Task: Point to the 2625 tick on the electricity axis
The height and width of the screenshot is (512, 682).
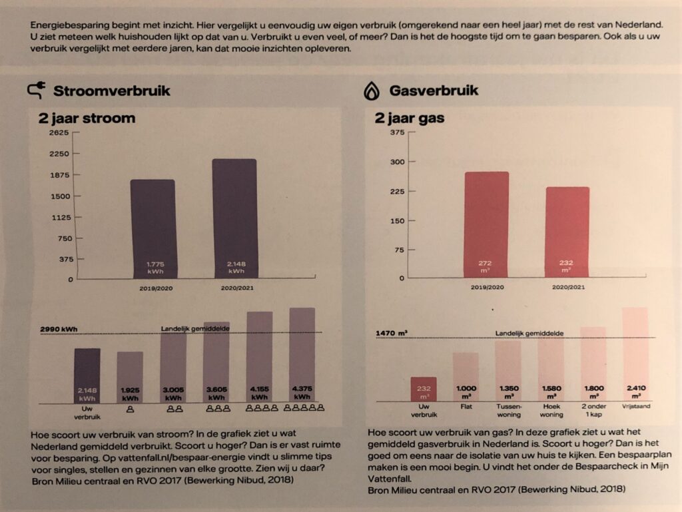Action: [59, 132]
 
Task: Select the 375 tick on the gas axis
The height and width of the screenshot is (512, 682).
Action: [397, 132]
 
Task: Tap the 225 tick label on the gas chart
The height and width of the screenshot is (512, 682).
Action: [397, 192]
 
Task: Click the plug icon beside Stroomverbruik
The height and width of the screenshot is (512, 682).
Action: [37, 91]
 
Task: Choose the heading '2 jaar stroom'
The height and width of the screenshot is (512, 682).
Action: [87, 119]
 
